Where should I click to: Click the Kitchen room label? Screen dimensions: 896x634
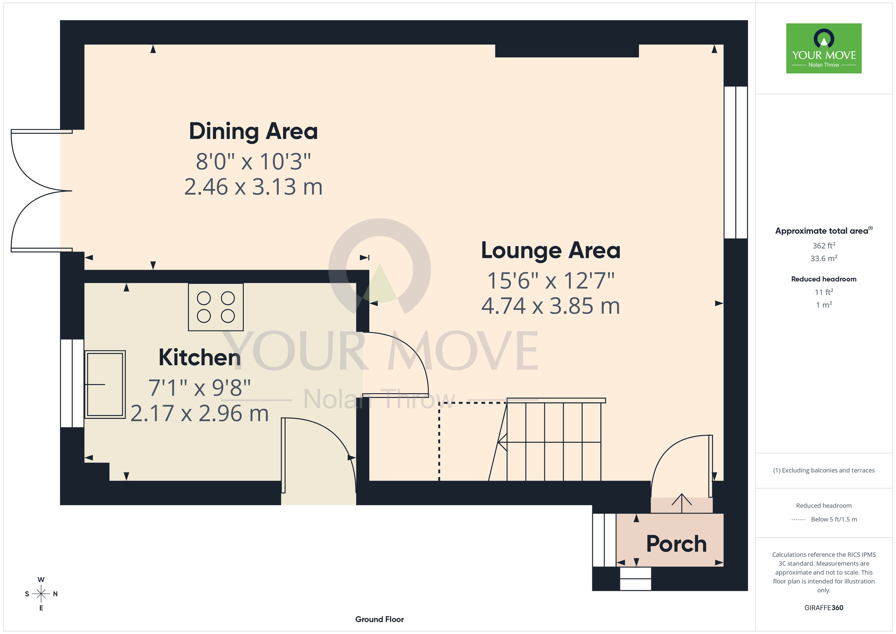pyautogui.click(x=200, y=357)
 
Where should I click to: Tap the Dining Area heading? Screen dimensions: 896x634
pyautogui.click(x=254, y=131)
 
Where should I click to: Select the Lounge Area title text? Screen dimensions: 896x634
pyautogui.click(x=551, y=251)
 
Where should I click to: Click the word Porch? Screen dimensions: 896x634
pyautogui.click(x=676, y=544)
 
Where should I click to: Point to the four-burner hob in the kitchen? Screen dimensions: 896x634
pyautogui.click(x=216, y=307)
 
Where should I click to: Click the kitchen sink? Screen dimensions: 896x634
pyautogui.click(x=105, y=384)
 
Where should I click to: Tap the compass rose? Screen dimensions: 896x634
pyautogui.click(x=41, y=594)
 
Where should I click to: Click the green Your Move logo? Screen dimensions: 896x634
pyautogui.click(x=824, y=48)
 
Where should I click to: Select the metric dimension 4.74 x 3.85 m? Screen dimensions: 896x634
pyautogui.click(x=551, y=306)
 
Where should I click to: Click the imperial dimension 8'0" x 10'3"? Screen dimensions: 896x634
pyautogui.click(x=254, y=161)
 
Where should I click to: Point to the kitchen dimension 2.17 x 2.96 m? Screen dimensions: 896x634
pyautogui.click(x=200, y=413)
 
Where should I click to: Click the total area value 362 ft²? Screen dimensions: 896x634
pyautogui.click(x=824, y=245)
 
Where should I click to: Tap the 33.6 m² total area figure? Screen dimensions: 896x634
pyautogui.click(x=824, y=258)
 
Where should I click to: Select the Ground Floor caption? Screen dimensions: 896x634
pyautogui.click(x=379, y=619)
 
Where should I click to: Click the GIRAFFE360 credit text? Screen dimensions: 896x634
pyautogui.click(x=824, y=608)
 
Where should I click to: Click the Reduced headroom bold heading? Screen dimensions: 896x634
pyautogui.click(x=824, y=279)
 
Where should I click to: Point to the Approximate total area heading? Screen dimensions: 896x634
pyautogui.click(x=824, y=230)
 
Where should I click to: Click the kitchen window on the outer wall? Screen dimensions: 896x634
pyautogui.click(x=72, y=383)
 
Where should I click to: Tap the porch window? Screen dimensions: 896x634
pyautogui.click(x=604, y=540)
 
